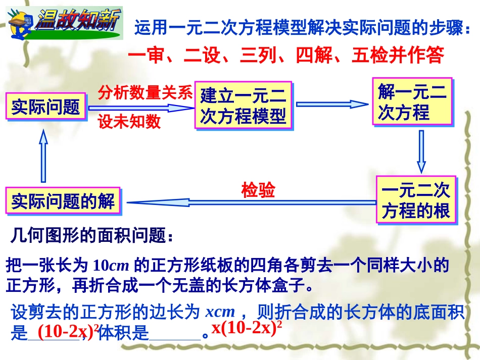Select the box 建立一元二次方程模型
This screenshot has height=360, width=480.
tap(243, 106)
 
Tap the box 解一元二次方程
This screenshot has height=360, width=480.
tap(412, 102)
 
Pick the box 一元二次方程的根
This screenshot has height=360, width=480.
tap(416, 200)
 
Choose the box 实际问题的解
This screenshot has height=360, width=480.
tap(63, 201)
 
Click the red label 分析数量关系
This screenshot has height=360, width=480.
tap(145, 92)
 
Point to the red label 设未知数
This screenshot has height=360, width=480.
tap(129, 122)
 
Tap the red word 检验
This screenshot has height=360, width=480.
tap(258, 190)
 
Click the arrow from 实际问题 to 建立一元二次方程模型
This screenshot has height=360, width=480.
tap(141, 108)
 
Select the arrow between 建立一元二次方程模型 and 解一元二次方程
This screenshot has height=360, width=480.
tap(331, 105)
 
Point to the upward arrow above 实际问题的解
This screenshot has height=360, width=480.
tap(43, 156)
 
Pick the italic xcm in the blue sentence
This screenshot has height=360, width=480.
tap(221, 312)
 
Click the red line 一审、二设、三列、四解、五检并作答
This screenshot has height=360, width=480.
tap(285, 55)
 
